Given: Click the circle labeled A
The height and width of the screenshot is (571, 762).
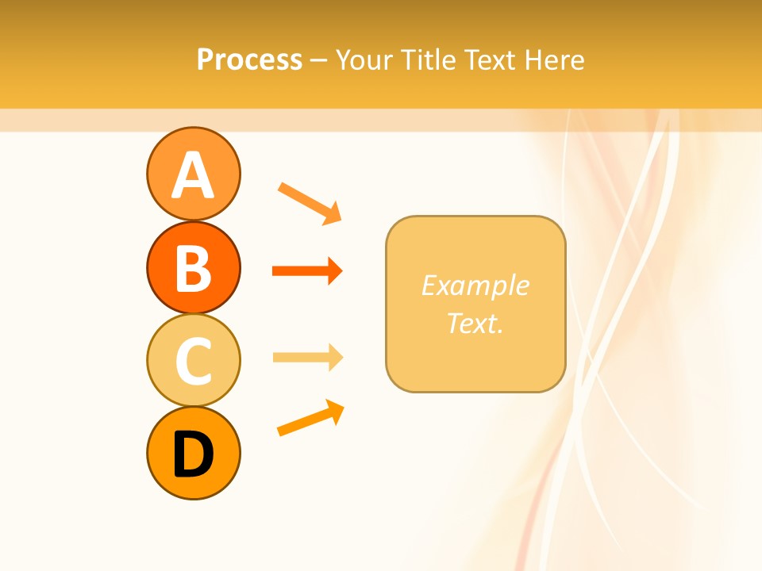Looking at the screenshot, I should pyautogui.click(x=193, y=174).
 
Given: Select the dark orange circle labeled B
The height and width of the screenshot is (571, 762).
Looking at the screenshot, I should pyautogui.click(x=193, y=267).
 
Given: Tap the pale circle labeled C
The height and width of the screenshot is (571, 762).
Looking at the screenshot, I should pyautogui.click(x=193, y=360).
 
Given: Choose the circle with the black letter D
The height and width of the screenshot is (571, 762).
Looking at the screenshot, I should pyautogui.click(x=193, y=454).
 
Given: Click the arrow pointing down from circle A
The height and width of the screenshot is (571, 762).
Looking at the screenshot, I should pyautogui.click(x=309, y=203).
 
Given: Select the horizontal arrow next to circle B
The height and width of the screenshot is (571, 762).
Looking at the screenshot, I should pyautogui.click(x=306, y=271).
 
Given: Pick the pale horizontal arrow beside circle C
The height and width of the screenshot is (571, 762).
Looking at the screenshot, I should pyautogui.click(x=306, y=358).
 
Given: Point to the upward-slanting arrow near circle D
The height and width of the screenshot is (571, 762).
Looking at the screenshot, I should pyautogui.click(x=310, y=418).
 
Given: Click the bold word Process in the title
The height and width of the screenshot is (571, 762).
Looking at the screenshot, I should pyautogui.click(x=249, y=60).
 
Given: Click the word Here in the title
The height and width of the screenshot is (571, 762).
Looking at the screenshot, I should pyautogui.click(x=556, y=60).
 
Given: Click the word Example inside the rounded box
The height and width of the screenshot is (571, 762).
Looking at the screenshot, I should pyautogui.click(x=475, y=285).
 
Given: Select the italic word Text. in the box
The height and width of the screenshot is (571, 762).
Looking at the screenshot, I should pyautogui.click(x=475, y=323).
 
